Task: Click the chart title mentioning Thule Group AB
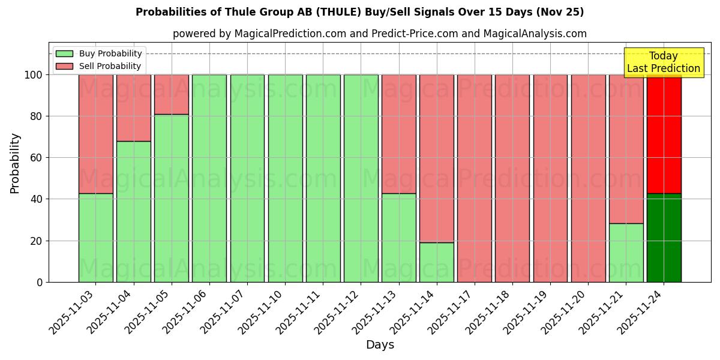pyautogui.click(x=359, y=12)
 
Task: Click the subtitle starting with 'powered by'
pyautogui.click(x=379, y=34)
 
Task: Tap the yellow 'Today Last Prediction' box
pyautogui.click(x=663, y=62)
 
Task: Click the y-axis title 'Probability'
pyautogui.click(x=15, y=163)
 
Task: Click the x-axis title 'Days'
pyautogui.click(x=380, y=345)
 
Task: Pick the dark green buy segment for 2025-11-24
pyautogui.click(x=664, y=238)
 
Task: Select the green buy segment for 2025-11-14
pyautogui.click(x=436, y=262)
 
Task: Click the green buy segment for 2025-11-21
pyautogui.click(x=626, y=253)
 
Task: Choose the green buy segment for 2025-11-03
pyautogui.click(x=95, y=238)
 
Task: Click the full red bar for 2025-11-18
pyautogui.click(x=512, y=178)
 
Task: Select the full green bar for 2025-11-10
pyautogui.click(x=285, y=178)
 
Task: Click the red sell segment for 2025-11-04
pyautogui.click(x=133, y=108)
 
